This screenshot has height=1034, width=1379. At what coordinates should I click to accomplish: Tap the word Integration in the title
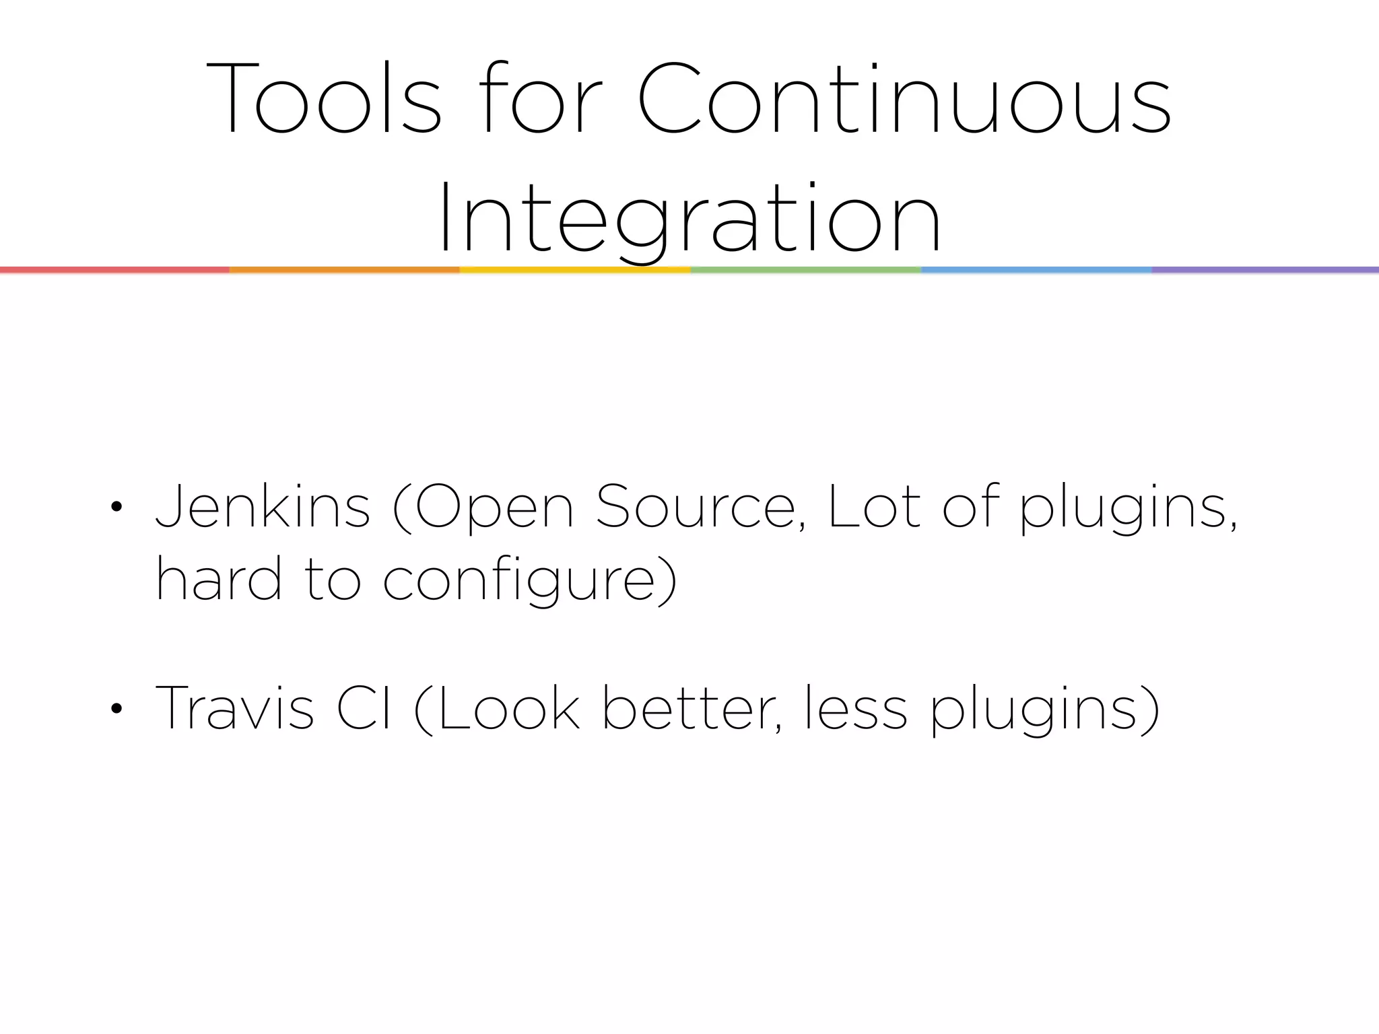coord(689,218)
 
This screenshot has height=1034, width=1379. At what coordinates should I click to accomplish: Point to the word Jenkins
coord(263,507)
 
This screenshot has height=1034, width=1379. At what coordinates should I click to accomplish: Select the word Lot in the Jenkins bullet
coord(873,507)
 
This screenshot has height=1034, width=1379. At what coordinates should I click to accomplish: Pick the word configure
coord(529,581)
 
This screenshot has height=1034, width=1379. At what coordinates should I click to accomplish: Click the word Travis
coord(234,708)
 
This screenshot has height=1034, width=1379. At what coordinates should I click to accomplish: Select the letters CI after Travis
coord(364,708)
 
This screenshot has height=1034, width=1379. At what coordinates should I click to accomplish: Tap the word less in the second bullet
coord(856,708)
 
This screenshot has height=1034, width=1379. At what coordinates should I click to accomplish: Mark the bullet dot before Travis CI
coord(116,709)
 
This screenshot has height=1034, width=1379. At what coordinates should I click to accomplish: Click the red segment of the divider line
coord(114,270)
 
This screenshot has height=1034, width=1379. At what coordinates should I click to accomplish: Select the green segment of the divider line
coord(806,270)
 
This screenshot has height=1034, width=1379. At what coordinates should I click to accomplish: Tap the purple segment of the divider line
coord(1265,270)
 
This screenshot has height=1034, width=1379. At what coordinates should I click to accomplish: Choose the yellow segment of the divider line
coord(575,270)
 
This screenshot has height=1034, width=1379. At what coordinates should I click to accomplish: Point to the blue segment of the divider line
coord(1036,270)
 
